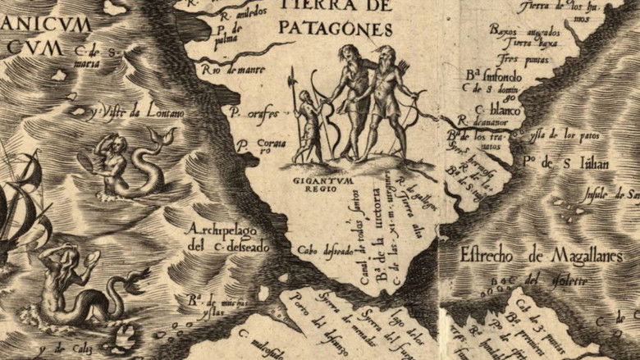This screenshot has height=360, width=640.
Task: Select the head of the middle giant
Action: [345, 54]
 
